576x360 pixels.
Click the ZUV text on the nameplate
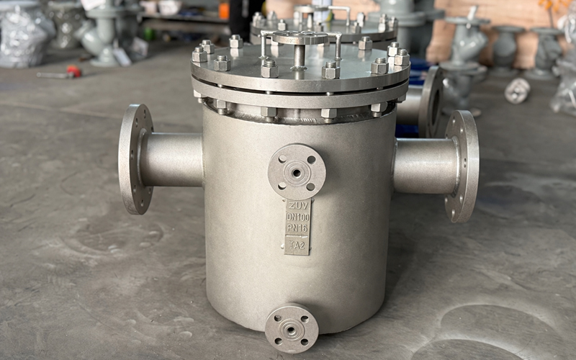point(297,206)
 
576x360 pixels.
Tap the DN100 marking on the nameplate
point(297,217)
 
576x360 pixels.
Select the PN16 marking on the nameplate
point(297,228)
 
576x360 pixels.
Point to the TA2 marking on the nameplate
point(297,246)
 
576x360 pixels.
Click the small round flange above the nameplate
point(297,172)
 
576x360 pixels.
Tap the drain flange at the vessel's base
point(292,328)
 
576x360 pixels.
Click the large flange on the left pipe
point(135,158)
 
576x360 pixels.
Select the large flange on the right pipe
point(462,166)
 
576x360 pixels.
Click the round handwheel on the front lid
point(300,37)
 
